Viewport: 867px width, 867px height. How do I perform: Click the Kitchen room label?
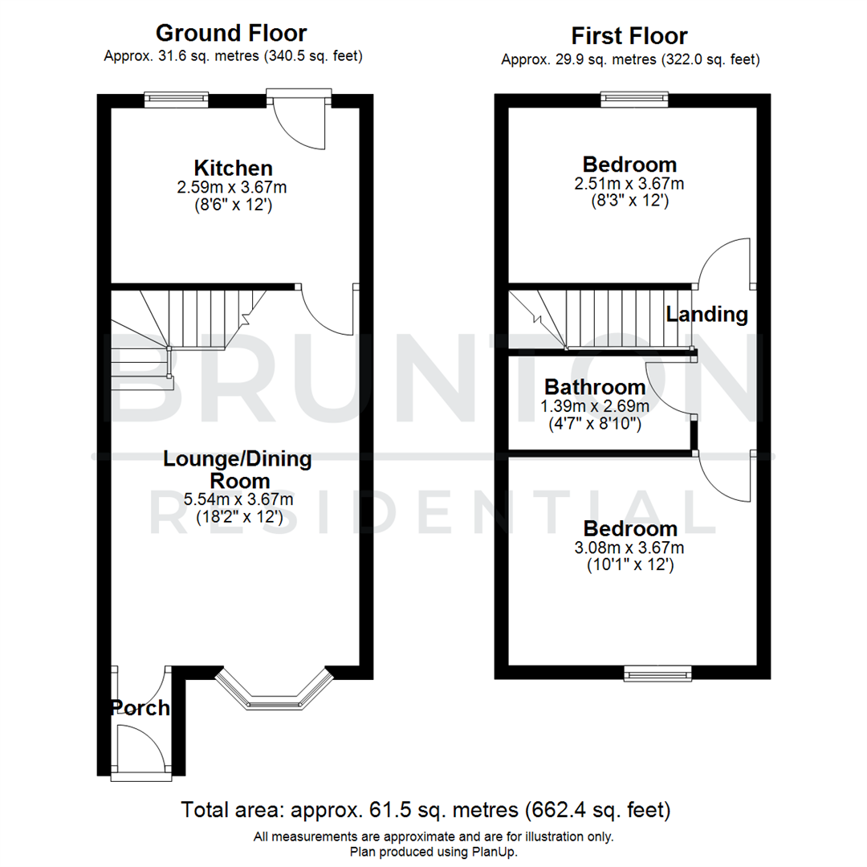pos(233,169)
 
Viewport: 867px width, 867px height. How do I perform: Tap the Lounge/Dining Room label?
pos(238,470)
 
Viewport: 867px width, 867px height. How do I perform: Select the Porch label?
pos(140,708)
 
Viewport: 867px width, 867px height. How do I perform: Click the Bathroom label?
pos(595,388)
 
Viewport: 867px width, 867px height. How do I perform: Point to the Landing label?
pos(706,315)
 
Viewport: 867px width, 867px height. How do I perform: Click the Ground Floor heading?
pos(230,33)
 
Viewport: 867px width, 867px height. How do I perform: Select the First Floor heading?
pos(629,36)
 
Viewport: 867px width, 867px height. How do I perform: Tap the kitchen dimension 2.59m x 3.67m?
pos(233,187)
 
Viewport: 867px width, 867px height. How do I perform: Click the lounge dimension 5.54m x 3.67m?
pos(238,499)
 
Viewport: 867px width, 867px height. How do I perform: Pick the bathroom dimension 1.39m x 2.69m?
pos(595,406)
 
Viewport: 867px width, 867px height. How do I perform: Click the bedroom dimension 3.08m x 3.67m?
pos(630,548)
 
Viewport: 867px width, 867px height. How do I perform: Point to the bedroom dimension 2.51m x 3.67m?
pos(630,184)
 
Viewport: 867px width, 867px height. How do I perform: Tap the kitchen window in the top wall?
pos(177,100)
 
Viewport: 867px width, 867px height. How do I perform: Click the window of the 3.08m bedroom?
pos(658,674)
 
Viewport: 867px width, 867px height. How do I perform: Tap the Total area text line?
pos(425,809)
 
